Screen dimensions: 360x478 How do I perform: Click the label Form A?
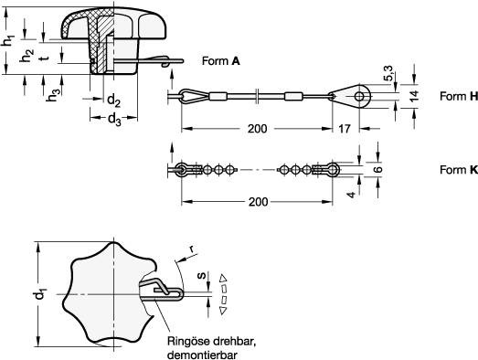[220, 60]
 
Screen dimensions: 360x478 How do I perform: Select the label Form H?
[458, 96]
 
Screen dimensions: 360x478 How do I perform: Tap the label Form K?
[458, 170]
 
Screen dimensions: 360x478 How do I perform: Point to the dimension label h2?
[27, 57]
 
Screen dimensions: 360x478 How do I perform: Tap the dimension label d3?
[114, 118]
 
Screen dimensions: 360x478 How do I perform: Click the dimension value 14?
[414, 96]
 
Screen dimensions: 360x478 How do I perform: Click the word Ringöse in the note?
[187, 341]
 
